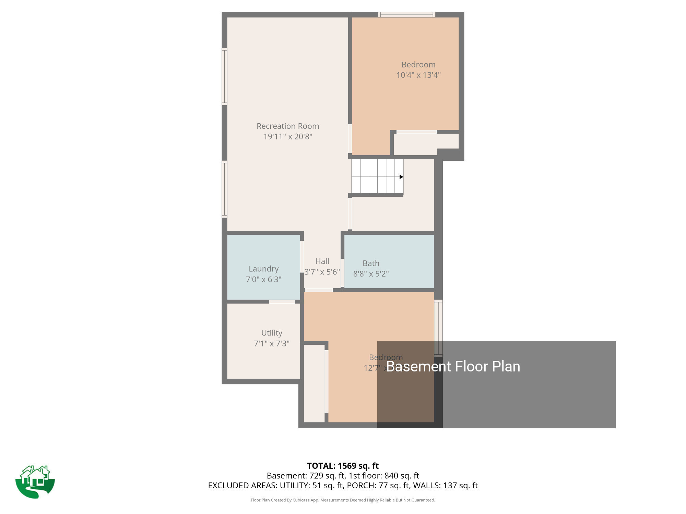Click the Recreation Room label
tap(288, 126)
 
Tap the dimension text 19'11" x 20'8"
tap(288, 136)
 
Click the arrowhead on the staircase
tap(401, 177)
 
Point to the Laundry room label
tap(263, 269)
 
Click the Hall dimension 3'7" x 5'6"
tap(322, 272)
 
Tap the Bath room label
tap(371, 264)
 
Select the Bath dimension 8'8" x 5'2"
tap(371, 274)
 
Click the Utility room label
tap(272, 333)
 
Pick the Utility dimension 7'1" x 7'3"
tap(272, 343)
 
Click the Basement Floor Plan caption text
tap(453, 367)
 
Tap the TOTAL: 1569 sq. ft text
tap(343, 466)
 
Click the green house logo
tap(35, 482)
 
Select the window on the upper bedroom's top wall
tap(407, 15)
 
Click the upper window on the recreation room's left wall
tap(224, 76)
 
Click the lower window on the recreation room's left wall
tap(224, 189)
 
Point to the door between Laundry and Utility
tap(282, 302)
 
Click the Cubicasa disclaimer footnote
tap(343, 500)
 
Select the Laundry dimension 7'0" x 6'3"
tap(263, 279)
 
